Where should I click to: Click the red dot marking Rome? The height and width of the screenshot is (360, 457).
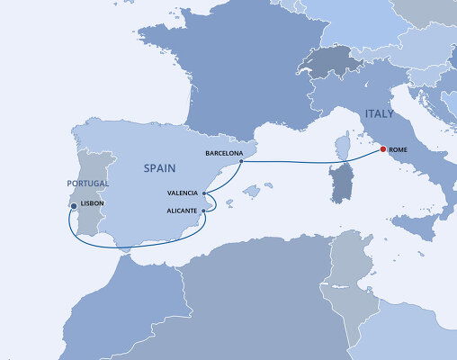pos(384,149)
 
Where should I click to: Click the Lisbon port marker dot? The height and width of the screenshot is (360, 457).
pos(73,206)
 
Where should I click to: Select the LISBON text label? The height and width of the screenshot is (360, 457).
pos(94,204)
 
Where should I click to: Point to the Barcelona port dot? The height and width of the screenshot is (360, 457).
pos(240,162)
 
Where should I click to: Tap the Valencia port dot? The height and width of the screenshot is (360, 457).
pos(205,193)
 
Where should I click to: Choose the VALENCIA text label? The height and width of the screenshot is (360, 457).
pos(184,193)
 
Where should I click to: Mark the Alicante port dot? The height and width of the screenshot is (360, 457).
pos(204,211)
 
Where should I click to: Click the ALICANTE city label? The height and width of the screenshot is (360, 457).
pos(183,211)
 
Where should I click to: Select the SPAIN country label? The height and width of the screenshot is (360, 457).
pos(163,167)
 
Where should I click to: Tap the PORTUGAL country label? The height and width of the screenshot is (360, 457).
pos(87,184)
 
